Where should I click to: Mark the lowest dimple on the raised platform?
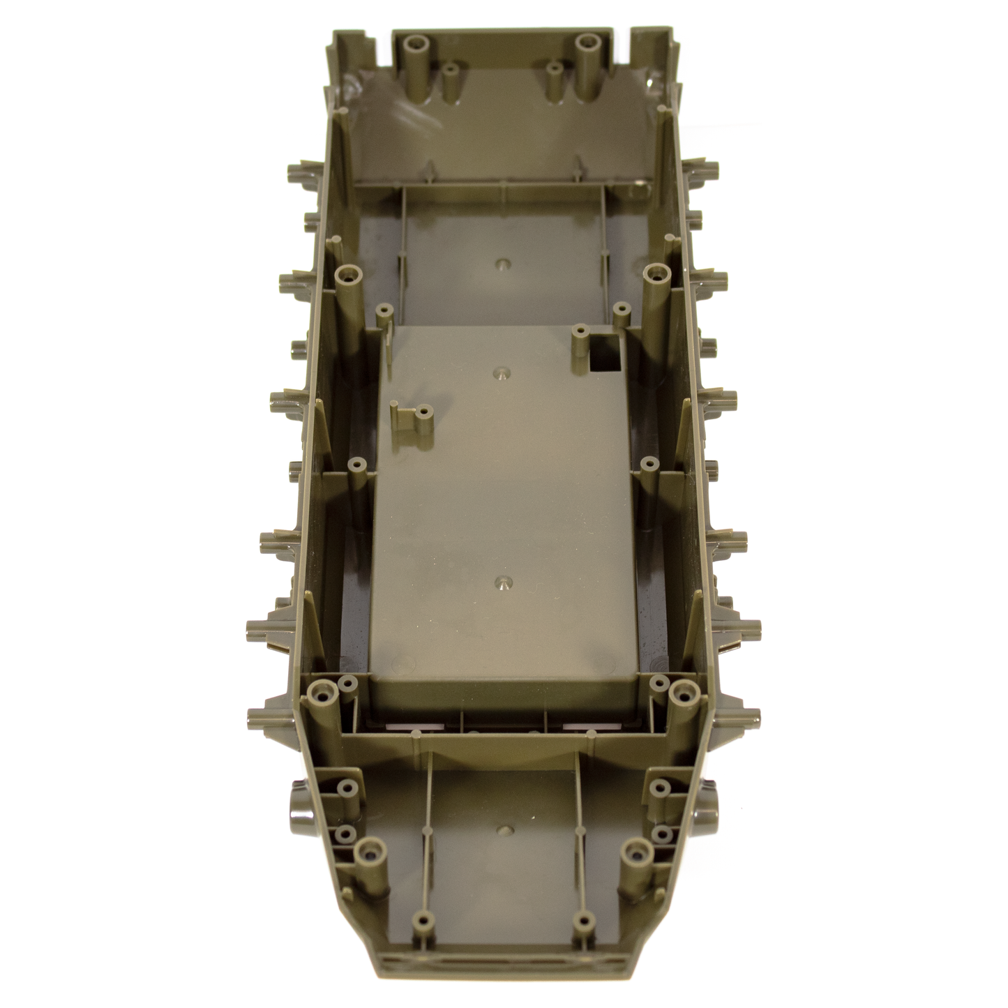(x=499, y=582)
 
